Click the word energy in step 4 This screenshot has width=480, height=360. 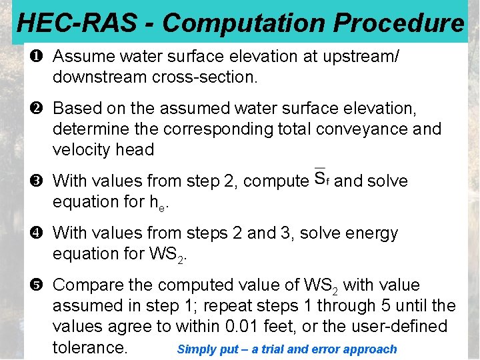click(367, 233)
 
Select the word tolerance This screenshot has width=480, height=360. click(89, 347)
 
